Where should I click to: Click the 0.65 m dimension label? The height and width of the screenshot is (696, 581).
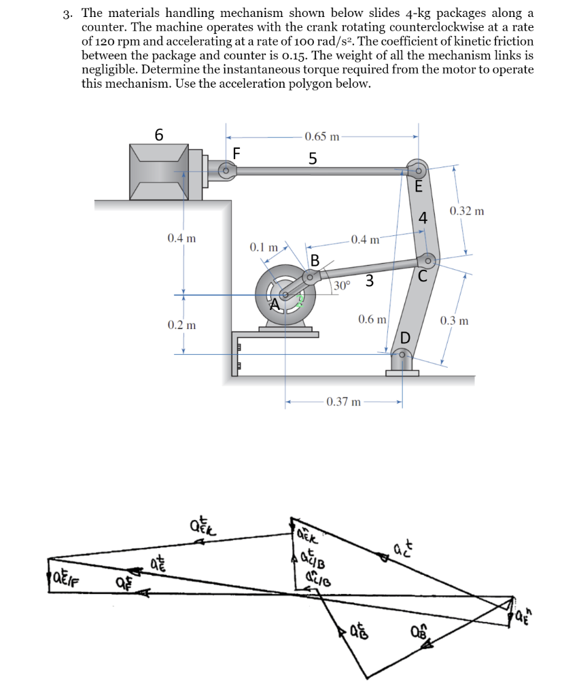(322, 137)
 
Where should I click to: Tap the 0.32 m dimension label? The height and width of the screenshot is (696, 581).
(467, 211)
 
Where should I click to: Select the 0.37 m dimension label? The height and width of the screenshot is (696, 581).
(344, 402)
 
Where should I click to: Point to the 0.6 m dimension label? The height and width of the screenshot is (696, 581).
(372, 319)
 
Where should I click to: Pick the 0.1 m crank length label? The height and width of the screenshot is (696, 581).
(263, 246)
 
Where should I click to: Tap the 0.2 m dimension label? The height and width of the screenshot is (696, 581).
(181, 325)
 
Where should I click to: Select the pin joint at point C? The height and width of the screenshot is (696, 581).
(427, 260)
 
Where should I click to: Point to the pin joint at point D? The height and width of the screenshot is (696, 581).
(403, 354)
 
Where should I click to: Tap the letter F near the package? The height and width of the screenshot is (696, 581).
(236, 152)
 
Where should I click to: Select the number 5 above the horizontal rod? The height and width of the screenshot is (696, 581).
(313, 158)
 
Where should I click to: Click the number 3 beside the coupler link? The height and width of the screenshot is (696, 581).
(369, 279)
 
